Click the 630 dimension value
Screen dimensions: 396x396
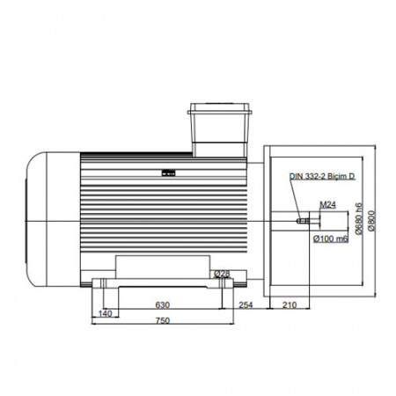point(162,305)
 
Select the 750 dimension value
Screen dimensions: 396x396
point(162,320)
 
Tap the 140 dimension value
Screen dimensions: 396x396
point(105,313)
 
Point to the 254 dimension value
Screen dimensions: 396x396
point(246,305)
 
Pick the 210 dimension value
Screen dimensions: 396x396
point(290,305)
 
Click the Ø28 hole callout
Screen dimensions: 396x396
point(222,274)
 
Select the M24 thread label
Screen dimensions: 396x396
point(327,205)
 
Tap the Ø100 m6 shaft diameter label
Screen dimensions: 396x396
point(331,238)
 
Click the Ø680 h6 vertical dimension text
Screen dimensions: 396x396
point(359,218)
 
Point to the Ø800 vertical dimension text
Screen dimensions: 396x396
point(371,221)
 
